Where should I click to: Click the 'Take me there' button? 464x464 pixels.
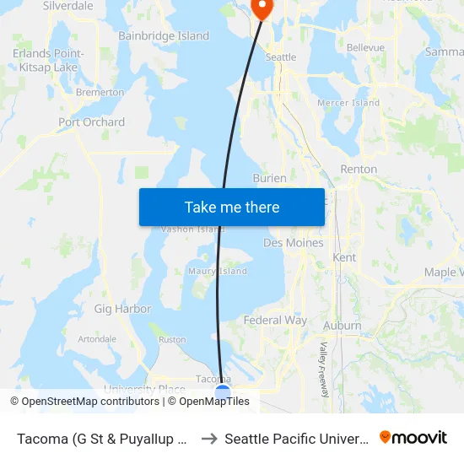(232, 207)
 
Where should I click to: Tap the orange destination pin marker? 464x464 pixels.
(262, 8)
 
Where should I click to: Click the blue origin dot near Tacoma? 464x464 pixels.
(223, 392)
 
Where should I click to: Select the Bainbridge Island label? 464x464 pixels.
(164, 36)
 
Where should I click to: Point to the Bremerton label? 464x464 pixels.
(100, 92)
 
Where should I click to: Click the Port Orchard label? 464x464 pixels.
(91, 122)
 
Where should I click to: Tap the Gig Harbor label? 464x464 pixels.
(122, 309)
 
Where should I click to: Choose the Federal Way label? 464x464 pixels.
(275, 321)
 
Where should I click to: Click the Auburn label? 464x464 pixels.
(342, 326)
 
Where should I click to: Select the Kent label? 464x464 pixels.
(344, 257)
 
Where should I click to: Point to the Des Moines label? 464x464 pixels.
(294, 243)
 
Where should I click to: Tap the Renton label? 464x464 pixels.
(359, 169)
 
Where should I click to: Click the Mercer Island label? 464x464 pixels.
(348, 103)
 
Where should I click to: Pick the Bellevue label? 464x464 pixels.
(365, 47)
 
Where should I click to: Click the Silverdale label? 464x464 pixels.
(68, 6)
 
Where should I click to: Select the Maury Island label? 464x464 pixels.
(218, 271)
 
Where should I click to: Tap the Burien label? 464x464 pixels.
(270, 178)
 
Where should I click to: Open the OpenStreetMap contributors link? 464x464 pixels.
(84, 402)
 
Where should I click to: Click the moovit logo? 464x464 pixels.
(413, 438)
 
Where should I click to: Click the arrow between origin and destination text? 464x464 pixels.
(209, 439)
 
